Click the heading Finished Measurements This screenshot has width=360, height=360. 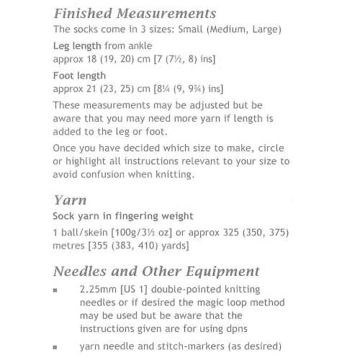[134, 13]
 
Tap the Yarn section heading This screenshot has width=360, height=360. [70, 199]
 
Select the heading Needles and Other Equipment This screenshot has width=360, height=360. [156, 271]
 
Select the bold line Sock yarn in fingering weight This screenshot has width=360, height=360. [123, 216]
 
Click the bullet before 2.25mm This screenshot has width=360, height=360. [56, 289]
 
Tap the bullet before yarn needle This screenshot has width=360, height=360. [56, 346]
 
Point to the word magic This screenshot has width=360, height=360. [189, 302]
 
